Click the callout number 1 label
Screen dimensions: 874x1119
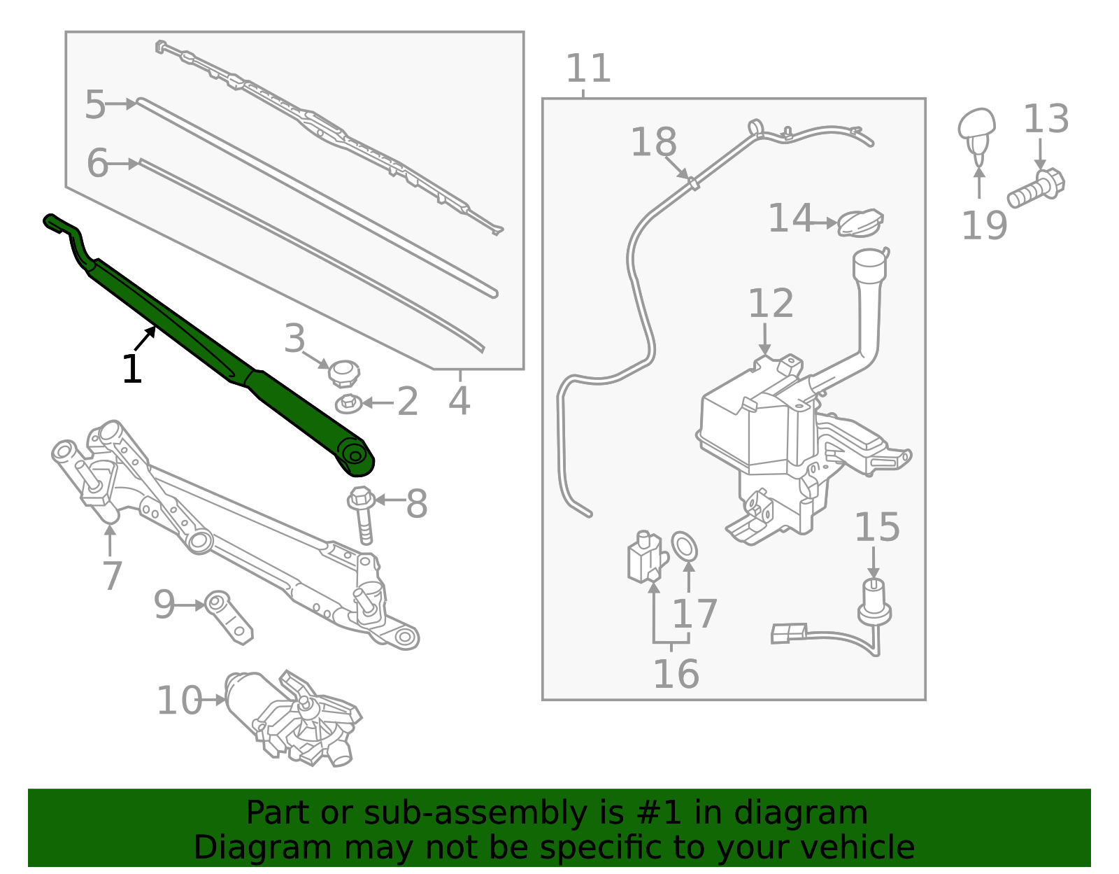click(x=131, y=369)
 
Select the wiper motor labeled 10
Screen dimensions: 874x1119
click(x=294, y=717)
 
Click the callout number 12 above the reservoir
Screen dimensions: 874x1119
click(x=771, y=304)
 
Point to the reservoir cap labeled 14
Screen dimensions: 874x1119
click(x=860, y=223)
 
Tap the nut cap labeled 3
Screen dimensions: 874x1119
click(x=343, y=373)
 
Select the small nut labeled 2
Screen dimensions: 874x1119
click(x=349, y=403)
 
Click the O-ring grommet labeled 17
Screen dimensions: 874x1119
click(x=685, y=547)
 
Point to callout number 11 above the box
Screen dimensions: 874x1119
click(x=588, y=69)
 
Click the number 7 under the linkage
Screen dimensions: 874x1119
click(x=112, y=575)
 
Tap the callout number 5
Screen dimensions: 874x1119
click(x=95, y=105)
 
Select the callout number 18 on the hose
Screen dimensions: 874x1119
click(x=653, y=142)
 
